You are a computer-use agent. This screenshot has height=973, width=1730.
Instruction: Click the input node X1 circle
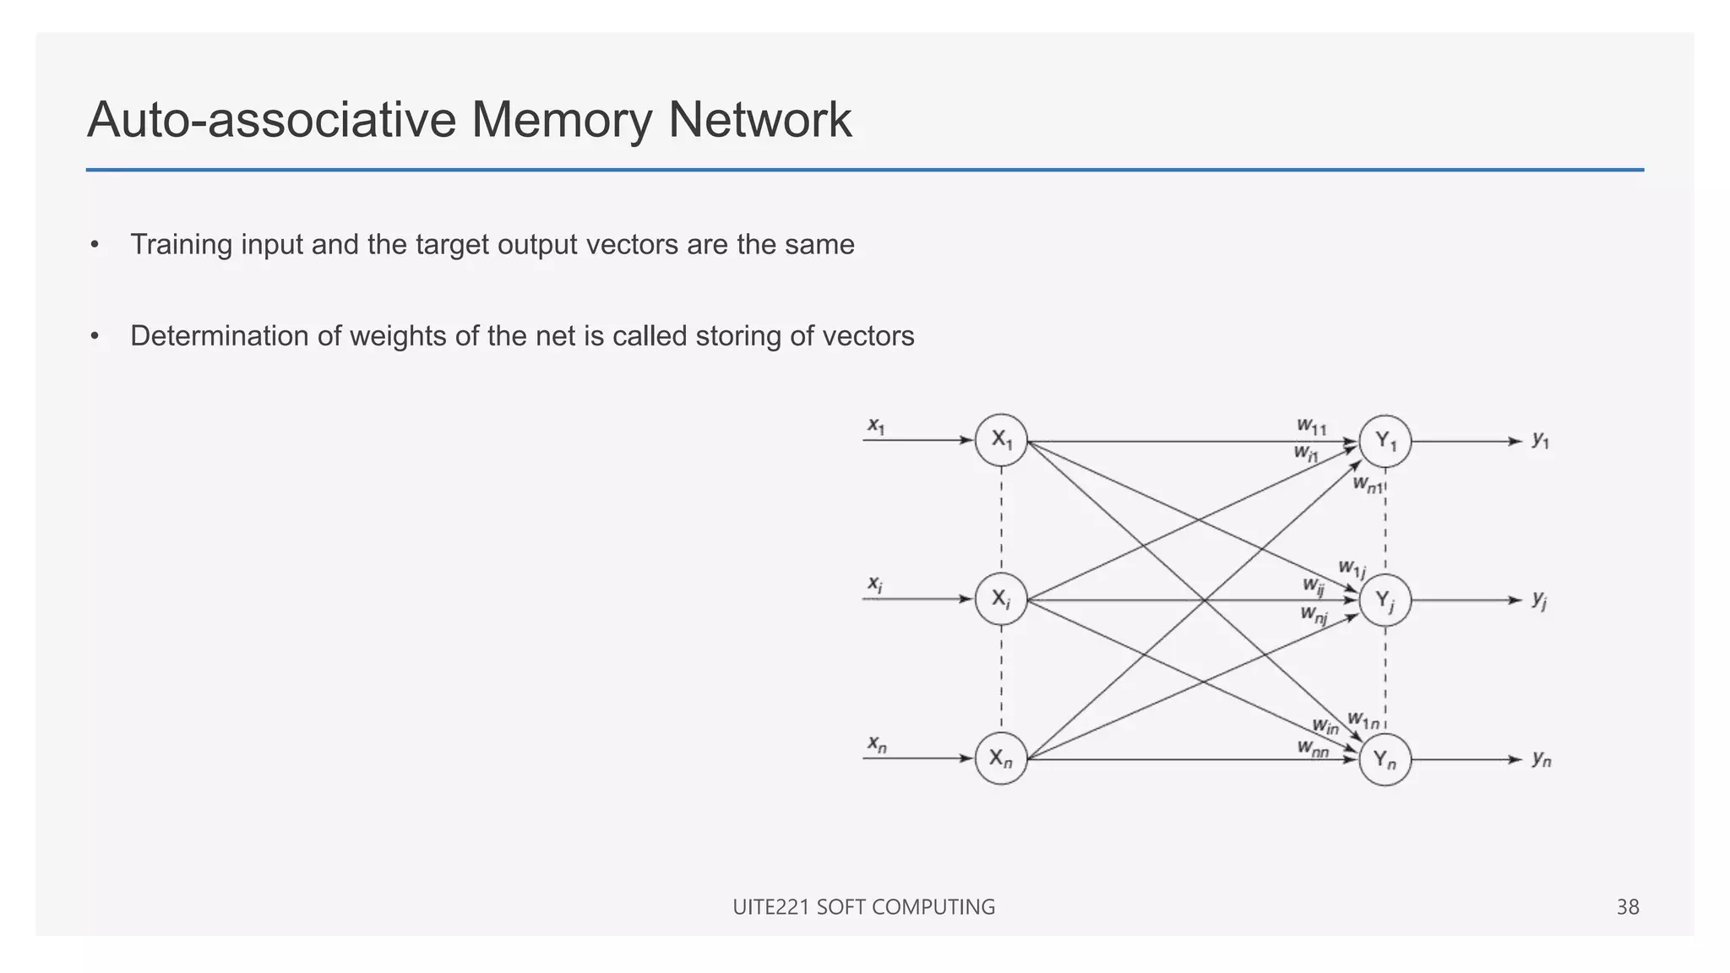click(x=1001, y=440)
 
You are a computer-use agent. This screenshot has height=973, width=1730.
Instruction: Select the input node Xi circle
click(x=1001, y=600)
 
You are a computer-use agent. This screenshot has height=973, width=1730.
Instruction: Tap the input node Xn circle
click(x=1001, y=758)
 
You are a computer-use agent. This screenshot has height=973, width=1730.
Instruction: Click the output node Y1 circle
click(x=1385, y=441)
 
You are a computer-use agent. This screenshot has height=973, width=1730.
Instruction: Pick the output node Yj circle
click(x=1385, y=601)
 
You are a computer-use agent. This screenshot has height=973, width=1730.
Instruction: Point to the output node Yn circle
click(x=1385, y=759)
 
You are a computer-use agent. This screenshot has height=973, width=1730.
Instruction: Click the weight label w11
click(x=1312, y=427)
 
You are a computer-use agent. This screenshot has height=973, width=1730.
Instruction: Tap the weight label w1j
click(x=1352, y=568)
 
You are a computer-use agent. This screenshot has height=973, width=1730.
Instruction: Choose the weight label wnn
click(x=1314, y=748)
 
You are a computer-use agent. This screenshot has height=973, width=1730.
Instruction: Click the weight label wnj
click(x=1314, y=615)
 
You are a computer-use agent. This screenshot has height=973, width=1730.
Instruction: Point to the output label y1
click(x=1541, y=440)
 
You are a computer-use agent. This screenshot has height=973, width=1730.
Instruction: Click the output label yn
click(x=1542, y=759)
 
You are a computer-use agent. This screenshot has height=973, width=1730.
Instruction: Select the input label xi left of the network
click(x=875, y=584)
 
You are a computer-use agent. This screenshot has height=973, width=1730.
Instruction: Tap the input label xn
click(x=877, y=744)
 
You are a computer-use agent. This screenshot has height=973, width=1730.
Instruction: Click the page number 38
click(x=1627, y=907)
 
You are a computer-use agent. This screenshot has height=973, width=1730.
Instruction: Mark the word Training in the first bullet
click(x=181, y=245)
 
